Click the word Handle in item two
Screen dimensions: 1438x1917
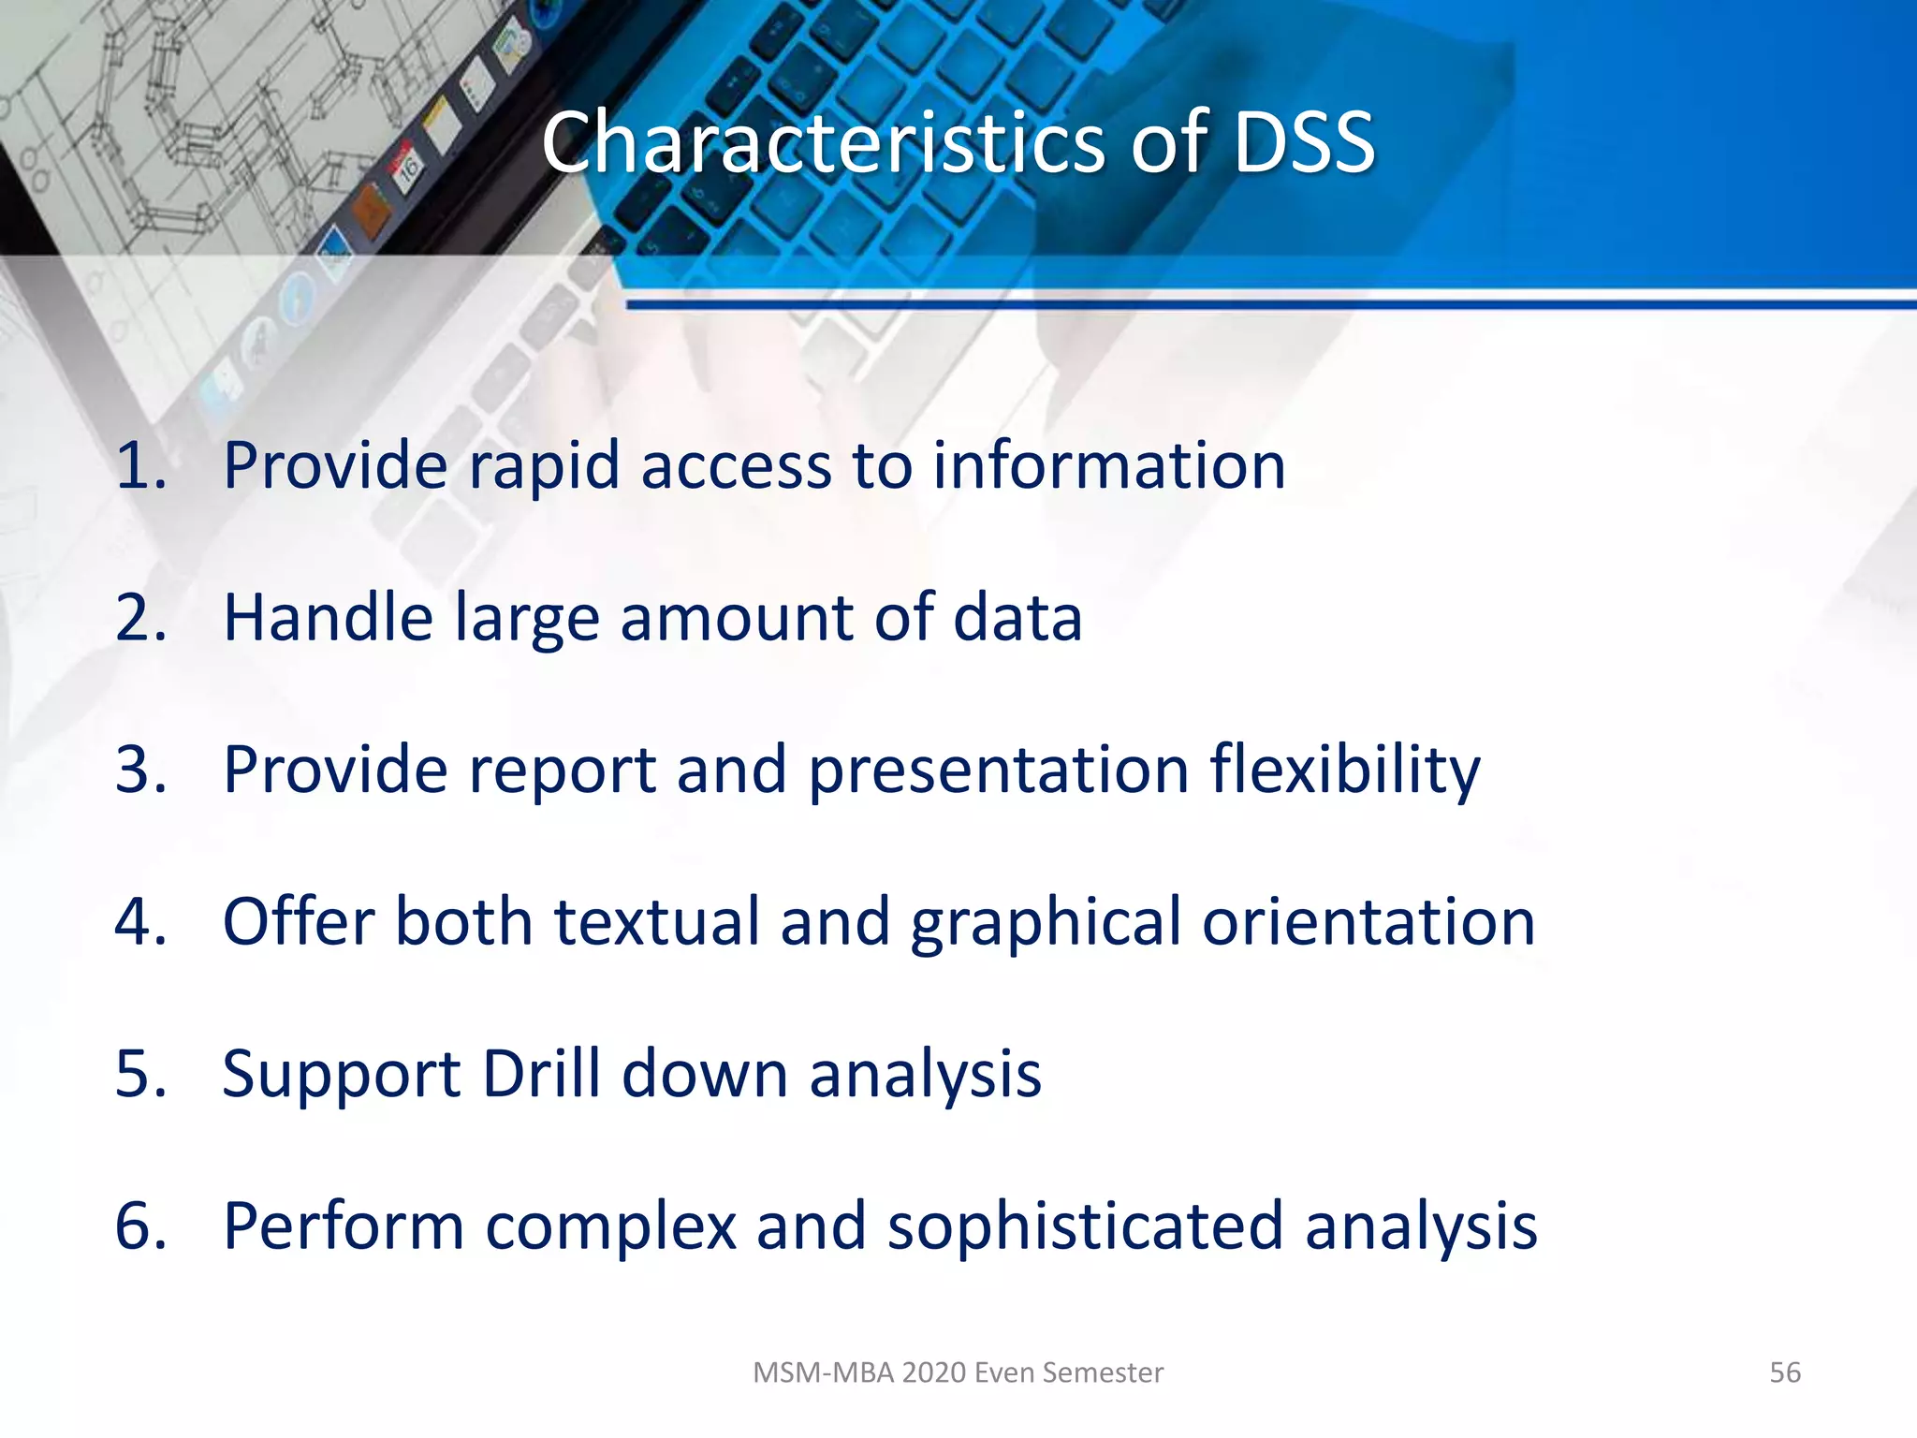(328, 618)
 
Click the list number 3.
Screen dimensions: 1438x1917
(140, 770)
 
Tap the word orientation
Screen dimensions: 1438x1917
(1368, 922)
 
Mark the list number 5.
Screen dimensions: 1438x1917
(140, 1074)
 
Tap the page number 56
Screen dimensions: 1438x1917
(1784, 1372)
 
